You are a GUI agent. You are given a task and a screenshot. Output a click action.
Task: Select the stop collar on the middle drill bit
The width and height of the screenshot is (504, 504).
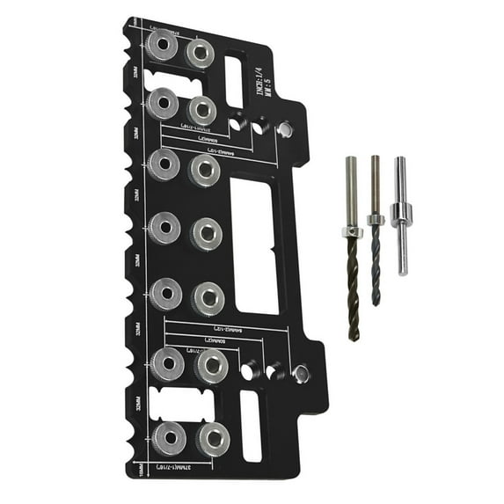coord(376,219)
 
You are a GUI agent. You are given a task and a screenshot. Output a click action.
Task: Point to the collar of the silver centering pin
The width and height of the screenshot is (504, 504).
coord(401,212)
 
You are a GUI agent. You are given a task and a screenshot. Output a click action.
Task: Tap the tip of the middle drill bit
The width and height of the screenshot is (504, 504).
coord(376,303)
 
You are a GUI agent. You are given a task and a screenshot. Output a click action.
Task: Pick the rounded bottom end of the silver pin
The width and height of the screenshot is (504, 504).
coord(403,272)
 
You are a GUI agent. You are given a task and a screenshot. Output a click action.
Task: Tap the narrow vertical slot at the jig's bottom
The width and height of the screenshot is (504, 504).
coord(251,425)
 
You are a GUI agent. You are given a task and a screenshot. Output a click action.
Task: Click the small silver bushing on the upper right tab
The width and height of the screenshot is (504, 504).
coord(283,129)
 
